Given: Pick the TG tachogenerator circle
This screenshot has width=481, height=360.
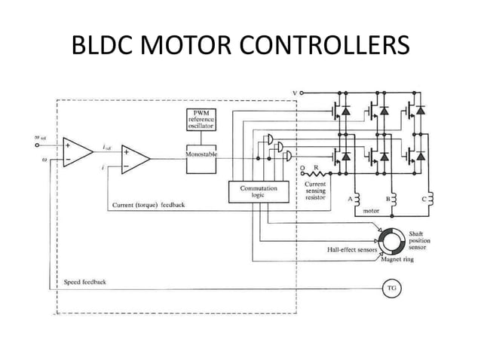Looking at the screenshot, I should tap(391, 288).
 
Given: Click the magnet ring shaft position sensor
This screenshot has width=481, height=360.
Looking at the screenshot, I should tap(391, 243).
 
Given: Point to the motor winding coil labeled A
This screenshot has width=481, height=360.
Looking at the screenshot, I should tap(357, 199).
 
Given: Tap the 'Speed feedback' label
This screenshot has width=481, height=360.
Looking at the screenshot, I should tap(84, 282).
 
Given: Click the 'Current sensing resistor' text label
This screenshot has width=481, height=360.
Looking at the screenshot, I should tap(315, 191).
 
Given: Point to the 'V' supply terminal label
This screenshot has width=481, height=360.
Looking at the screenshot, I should tap(294, 93).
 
